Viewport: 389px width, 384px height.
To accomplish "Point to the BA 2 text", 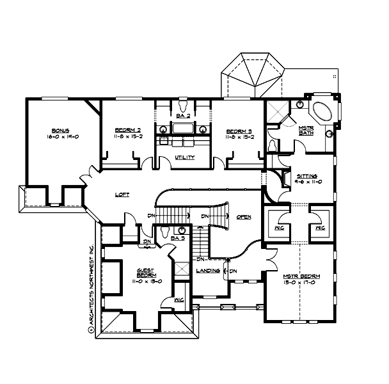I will pyautogui.click(x=183, y=116).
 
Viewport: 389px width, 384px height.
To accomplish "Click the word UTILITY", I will pyautogui.click(x=185, y=158).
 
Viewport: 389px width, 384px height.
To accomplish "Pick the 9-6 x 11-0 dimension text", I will pyautogui.click(x=308, y=182).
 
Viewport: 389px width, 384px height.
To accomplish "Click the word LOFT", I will pyautogui.click(x=122, y=195).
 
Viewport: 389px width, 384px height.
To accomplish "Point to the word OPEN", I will pyautogui.click(x=244, y=216).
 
